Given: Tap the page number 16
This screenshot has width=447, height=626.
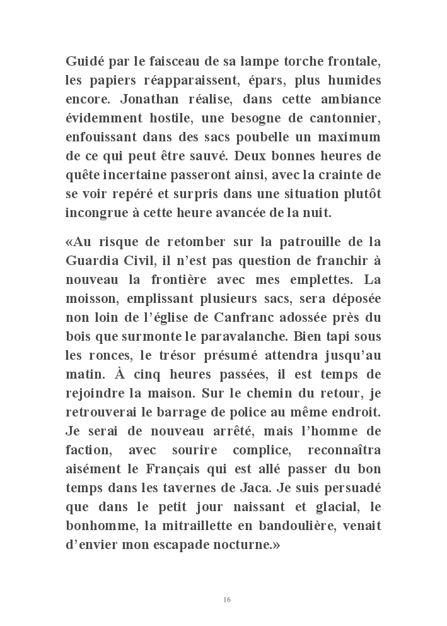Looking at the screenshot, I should pos(227,599).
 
